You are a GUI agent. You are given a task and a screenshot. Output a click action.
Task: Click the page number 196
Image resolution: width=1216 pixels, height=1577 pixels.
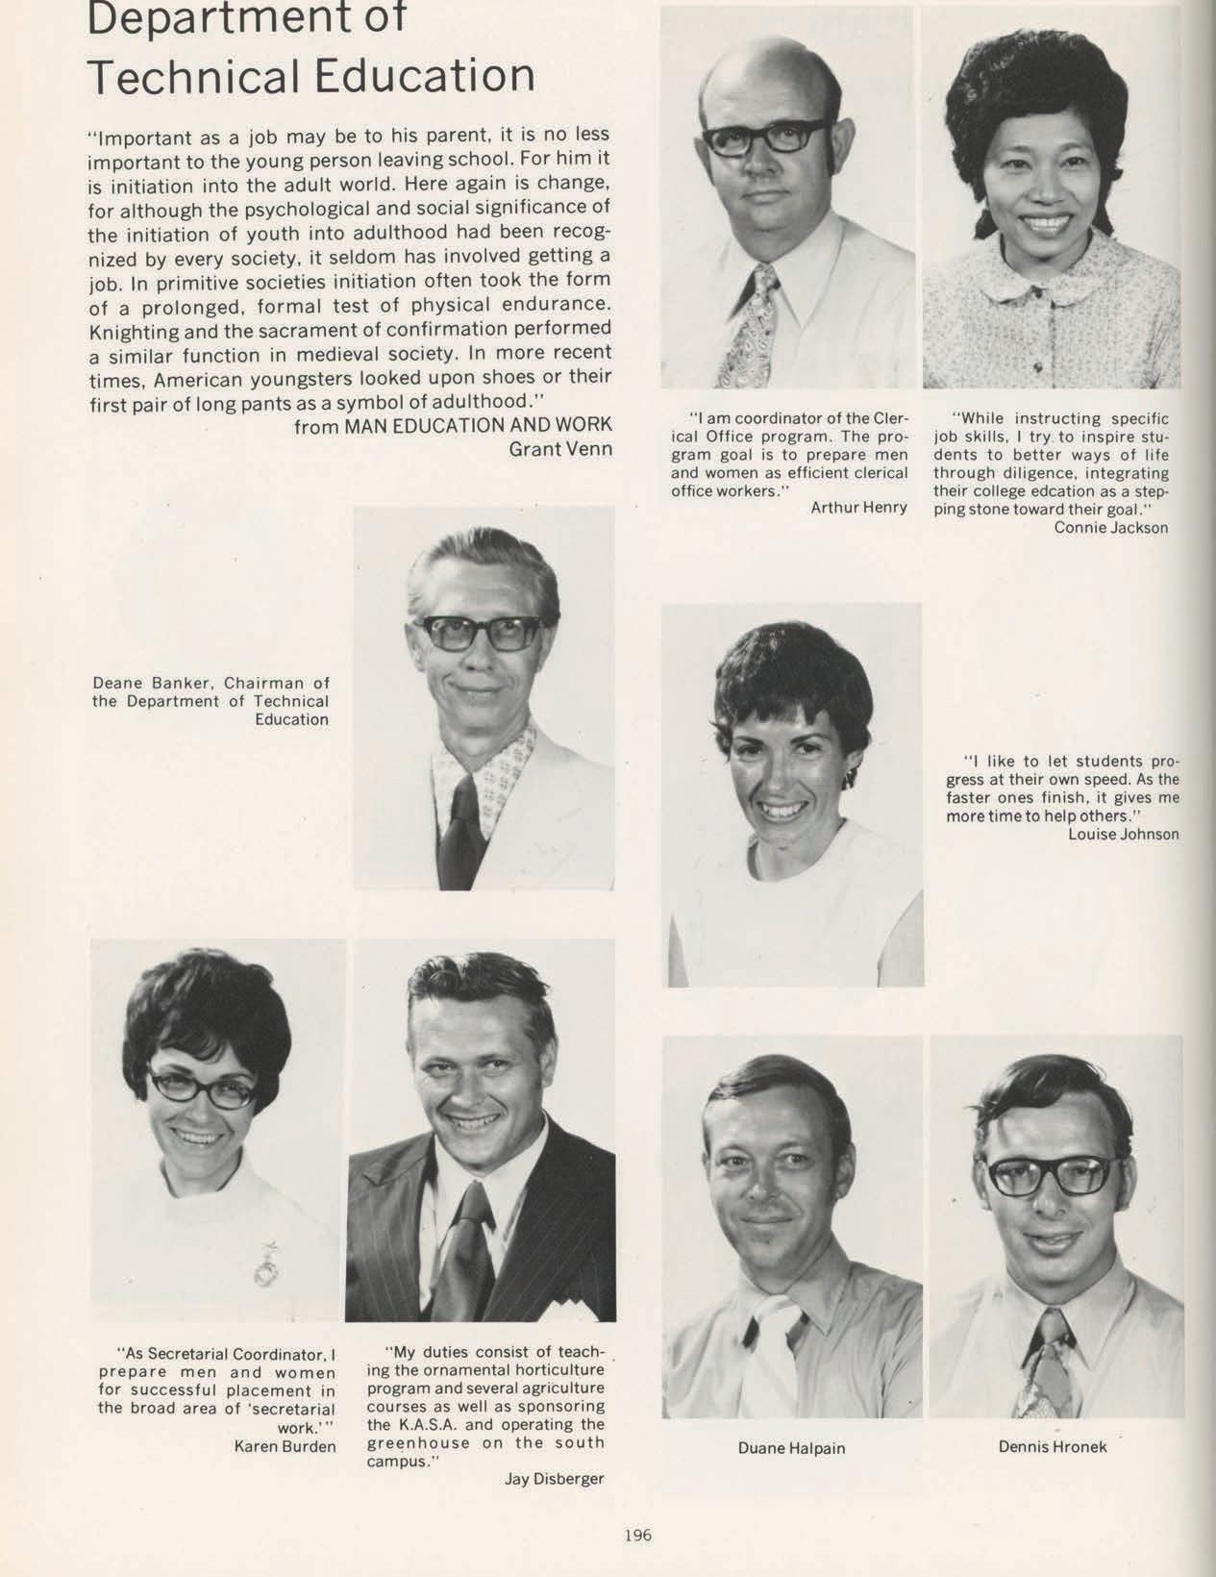[637, 1535]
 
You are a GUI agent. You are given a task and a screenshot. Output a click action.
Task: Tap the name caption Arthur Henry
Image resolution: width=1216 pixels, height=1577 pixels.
[858, 508]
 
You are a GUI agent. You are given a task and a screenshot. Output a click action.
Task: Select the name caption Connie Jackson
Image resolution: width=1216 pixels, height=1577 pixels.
[1110, 527]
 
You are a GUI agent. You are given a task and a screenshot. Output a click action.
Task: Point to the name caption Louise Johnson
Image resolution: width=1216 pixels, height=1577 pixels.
[1123, 834]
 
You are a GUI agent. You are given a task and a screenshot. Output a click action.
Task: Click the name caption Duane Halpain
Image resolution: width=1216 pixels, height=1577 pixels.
[791, 1447]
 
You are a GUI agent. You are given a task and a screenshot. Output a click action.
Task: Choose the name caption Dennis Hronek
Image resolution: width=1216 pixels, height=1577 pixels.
[1052, 1446]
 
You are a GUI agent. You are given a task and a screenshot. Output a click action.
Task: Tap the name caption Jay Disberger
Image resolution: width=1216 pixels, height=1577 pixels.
[554, 1479]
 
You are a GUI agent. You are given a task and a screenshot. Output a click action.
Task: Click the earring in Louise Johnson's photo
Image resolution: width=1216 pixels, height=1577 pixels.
[848, 776]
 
